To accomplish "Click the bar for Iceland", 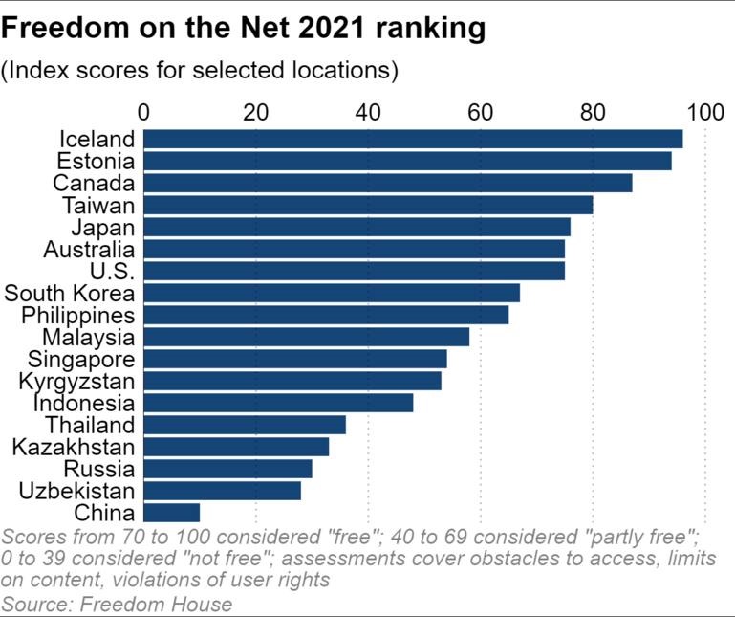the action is [413, 139].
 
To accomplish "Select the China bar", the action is [171, 513].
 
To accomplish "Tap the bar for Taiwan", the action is [368, 205].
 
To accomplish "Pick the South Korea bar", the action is [332, 293].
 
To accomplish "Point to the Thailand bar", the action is [245, 425].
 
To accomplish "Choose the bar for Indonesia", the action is [278, 403].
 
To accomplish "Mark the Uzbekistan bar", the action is [222, 491].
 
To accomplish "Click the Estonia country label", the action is [96, 161].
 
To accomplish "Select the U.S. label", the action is [112, 271].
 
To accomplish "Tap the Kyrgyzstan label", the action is [76, 382].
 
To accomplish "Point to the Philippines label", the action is [77, 316].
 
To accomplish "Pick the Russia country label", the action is [98, 469].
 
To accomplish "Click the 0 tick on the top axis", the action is [143, 113].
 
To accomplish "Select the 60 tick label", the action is [481, 113].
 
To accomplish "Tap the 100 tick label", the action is [705, 113].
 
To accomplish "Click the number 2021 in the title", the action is [331, 28].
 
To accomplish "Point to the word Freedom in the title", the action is [65, 28].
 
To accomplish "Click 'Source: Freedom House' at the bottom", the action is [117, 605].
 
